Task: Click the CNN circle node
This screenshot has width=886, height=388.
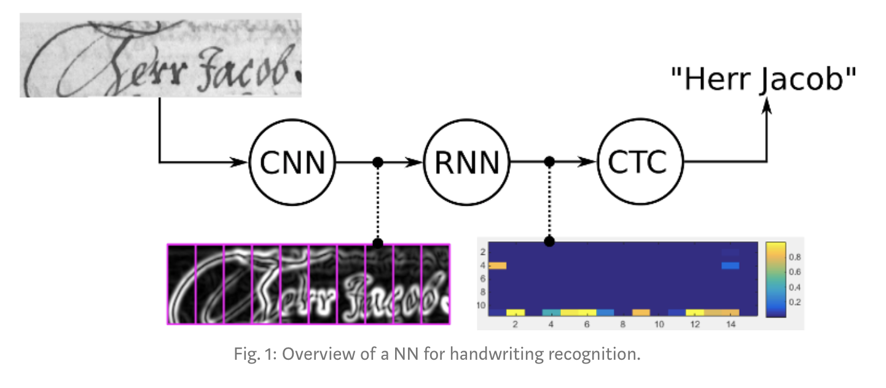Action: tap(292, 163)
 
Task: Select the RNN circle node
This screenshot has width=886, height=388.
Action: tap(467, 163)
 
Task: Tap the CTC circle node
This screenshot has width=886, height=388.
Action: tap(641, 163)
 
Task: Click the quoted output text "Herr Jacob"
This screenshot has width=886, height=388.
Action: tap(764, 80)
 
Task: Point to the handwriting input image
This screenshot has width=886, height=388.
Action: tap(161, 55)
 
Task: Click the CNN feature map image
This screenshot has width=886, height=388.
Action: tap(308, 284)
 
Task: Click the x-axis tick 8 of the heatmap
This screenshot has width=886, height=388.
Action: tap(622, 324)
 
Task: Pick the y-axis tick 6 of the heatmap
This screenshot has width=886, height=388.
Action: tap(483, 278)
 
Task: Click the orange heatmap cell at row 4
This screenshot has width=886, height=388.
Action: tap(497, 265)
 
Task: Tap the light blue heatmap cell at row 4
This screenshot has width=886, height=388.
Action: tap(730, 265)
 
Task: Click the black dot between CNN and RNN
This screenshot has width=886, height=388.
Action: tap(378, 162)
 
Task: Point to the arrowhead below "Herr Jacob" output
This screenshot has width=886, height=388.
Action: tap(766, 107)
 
